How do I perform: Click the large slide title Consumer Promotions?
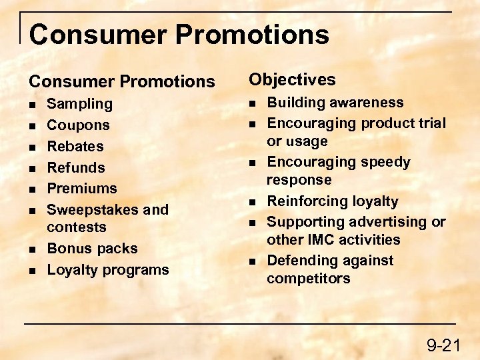(x=179, y=34)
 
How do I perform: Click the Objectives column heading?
(x=292, y=80)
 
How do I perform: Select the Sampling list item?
(x=79, y=104)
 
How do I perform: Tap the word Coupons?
(x=78, y=125)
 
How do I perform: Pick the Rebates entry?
(x=75, y=147)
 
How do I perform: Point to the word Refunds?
(x=76, y=167)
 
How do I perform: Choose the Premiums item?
(x=81, y=189)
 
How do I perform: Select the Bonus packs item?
(x=92, y=249)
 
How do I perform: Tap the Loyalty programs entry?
(x=108, y=270)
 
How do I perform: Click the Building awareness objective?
(x=335, y=103)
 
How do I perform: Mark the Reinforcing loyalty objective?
(x=332, y=201)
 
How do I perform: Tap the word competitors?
(x=308, y=279)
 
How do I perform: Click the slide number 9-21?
(x=443, y=345)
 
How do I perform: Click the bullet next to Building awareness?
(x=252, y=103)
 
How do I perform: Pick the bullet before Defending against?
(x=252, y=261)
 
